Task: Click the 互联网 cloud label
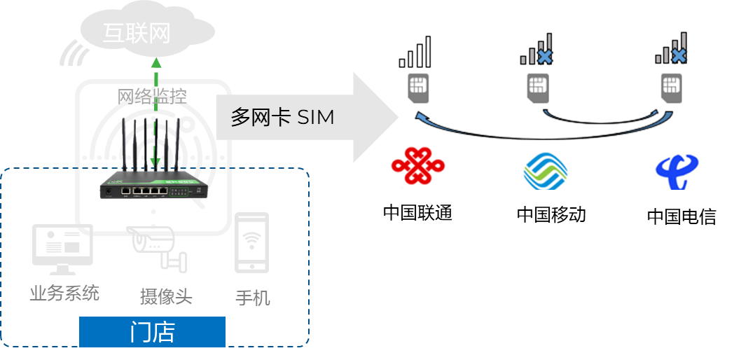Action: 137,34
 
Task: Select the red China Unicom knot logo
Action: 417,165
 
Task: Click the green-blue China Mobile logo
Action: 546,171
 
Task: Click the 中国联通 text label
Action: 417,212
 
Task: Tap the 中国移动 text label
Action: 551,214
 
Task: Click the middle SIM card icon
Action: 537,87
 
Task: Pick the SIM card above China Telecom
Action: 670,87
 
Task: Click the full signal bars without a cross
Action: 415,53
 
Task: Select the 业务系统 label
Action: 64,293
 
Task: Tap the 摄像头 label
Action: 166,296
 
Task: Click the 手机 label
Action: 252,298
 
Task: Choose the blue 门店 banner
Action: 152,332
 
